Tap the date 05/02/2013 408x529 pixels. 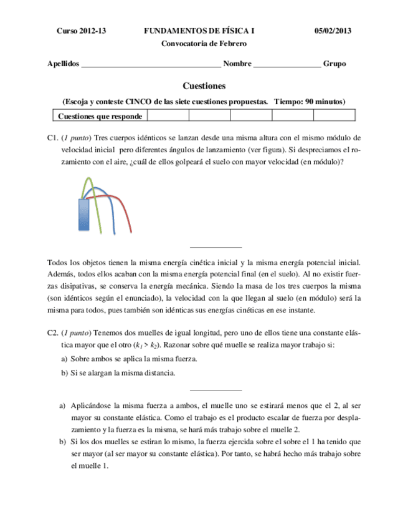click(x=333, y=31)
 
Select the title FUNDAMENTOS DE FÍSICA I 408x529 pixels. click(x=199, y=31)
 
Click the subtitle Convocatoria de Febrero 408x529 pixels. click(x=204, y=44)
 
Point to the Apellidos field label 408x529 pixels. click(x=64, y=64)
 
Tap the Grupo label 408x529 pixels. click(x=334, y=64)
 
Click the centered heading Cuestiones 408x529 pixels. click(x=204, y=85)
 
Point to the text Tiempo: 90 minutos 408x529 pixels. click(x=309, y=101)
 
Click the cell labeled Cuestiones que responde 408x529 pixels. click(x=100, y=116)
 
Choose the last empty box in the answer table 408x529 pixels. click(x=334, y=115)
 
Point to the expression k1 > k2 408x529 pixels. click(x=148, y=345)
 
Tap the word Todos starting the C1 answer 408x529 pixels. click(x=58, y=263)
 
